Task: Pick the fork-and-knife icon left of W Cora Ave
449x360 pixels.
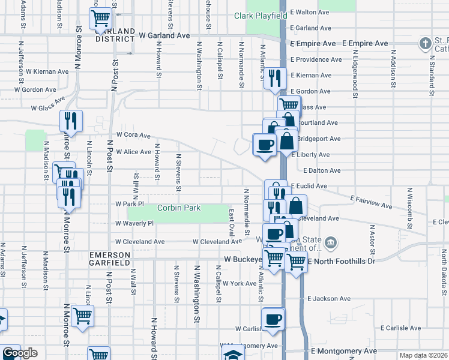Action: coord(71,121)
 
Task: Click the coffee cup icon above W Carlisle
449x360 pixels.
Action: coord(273,319)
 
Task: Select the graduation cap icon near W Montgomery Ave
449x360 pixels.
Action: coord(232,355)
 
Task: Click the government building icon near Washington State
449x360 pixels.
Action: coord(331,243)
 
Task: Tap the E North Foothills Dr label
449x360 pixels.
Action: coord(341,261)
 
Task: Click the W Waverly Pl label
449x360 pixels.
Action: coord(134,222)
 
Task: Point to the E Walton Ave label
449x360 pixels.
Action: coord(311,11)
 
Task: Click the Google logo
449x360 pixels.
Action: coord(19,353)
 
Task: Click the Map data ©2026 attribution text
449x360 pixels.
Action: coord(423,355)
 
